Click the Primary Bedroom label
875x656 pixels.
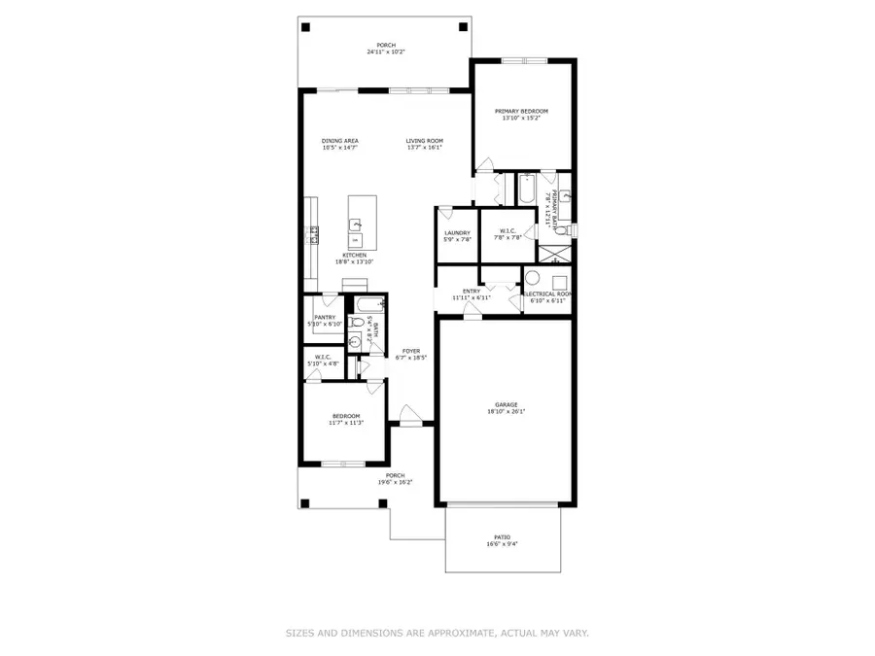tap(521, 112)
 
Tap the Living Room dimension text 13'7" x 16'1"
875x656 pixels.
tap(424, 148)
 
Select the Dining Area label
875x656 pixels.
tap(340, 141)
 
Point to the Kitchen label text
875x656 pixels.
tap(354, 256)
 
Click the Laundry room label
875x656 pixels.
tap(457, 232)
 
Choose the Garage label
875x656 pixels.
tap(506, 404)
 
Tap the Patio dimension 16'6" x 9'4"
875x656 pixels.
tap(503, 544)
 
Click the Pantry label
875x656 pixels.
tap(325, 317)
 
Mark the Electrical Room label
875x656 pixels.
tap(547, 293)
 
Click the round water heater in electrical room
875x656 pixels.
tap(533, 276)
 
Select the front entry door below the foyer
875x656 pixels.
tap(411, 423)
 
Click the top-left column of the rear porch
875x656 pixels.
tap(306, 27)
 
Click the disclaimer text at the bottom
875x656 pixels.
tap(437, 633)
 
